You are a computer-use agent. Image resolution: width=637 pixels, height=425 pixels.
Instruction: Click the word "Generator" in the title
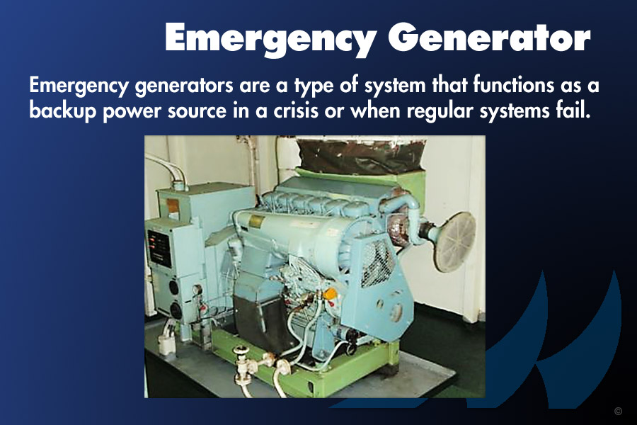[x=488, y=38]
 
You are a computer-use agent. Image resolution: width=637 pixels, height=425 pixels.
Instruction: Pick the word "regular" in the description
[x=440, y=111]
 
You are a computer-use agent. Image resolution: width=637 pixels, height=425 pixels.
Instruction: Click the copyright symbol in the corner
[x=618, y=411]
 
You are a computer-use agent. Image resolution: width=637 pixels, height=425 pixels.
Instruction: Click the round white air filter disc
[x=454, y=242]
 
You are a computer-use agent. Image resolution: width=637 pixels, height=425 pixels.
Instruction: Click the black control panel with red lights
[x=159, y=249]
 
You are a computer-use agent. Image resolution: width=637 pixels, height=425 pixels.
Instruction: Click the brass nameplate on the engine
[x=256, y=222]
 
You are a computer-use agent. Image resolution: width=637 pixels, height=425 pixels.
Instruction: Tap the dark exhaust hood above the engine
[x=361, y=156]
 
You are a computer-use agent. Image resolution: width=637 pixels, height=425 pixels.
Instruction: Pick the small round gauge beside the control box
[x=197, y=290]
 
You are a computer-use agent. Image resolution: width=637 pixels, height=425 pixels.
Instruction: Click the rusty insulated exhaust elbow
[x=400, y=229]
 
